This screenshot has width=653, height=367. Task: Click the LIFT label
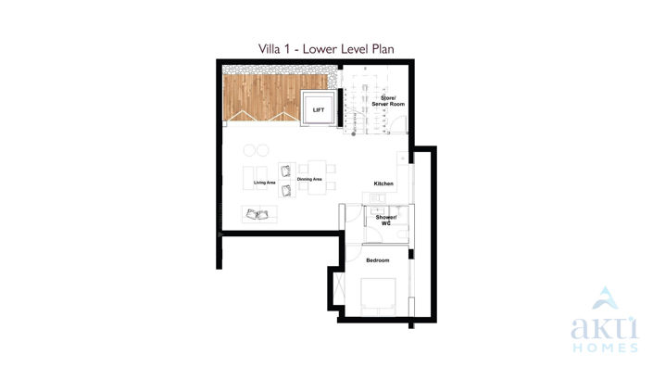319,110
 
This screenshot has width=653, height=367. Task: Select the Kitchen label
383,183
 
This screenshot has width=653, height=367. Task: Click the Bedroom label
378,260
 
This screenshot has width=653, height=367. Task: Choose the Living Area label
264,182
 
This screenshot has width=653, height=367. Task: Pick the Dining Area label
309,179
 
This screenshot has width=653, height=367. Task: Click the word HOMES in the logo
603,348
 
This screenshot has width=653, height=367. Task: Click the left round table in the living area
249,150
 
